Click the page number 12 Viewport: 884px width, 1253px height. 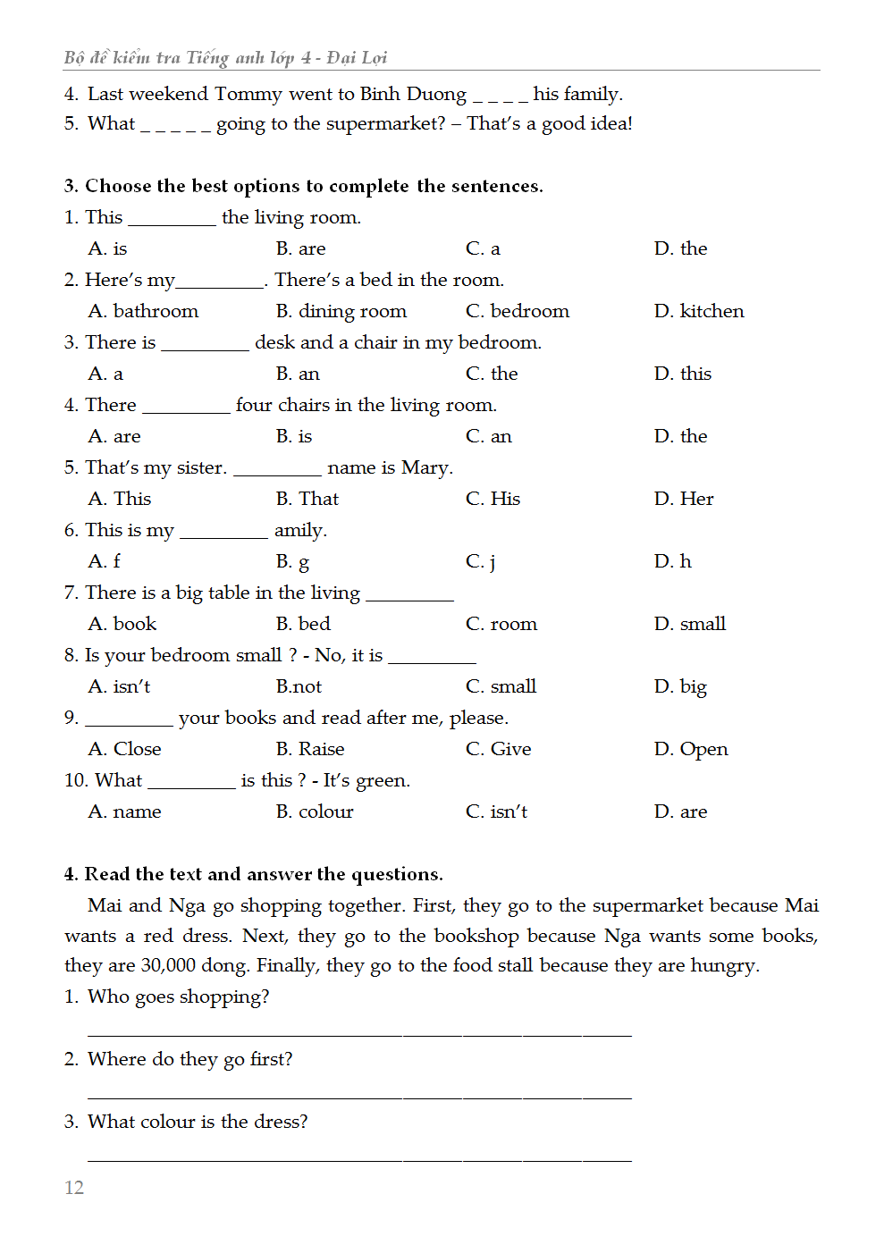(x=74, y=1187)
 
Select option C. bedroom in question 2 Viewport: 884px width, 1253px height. (x=517, y=311)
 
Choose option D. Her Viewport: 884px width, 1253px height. (x=684, y=499)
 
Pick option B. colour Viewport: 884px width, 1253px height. (x=315, y=812)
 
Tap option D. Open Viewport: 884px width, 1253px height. (x=691, y=749)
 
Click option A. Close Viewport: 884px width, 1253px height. (x=125, y=749)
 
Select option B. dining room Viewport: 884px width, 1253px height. (x=341, y=311)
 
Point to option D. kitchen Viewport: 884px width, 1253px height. (x=699, y=311)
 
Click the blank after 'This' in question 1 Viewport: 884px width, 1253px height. (x=172, y=220)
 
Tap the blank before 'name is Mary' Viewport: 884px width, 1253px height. (x=277, y=470)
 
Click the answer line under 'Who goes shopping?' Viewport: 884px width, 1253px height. (x=359, y=1032)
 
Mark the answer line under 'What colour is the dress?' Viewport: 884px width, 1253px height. (x=359, y=1157)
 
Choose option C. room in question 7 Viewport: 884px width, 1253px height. (x=501, y=624)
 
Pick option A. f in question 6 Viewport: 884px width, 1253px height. (x=105, y=561)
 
